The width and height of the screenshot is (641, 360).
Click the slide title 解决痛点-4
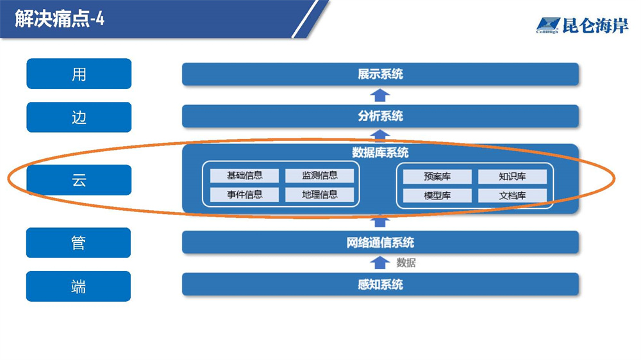60,19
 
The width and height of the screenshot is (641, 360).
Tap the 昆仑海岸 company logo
582,26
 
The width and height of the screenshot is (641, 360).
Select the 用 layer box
79,74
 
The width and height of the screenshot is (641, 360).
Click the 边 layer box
79,117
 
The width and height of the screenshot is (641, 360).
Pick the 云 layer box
79,180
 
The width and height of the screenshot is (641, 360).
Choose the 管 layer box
79,243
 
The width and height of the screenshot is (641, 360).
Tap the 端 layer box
79,286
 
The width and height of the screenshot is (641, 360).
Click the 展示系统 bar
380,74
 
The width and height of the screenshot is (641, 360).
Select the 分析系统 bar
380,117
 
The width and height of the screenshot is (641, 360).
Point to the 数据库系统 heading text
380,153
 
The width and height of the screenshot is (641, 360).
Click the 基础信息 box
245,176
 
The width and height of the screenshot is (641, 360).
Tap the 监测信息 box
319,176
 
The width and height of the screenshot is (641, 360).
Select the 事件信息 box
245,195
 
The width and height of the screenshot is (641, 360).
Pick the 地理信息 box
319,195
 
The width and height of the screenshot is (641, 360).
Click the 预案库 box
437,177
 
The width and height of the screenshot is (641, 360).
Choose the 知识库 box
512,177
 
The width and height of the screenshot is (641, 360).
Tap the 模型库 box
437,196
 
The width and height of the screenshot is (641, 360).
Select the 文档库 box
512,196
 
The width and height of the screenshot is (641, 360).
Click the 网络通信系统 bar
380,243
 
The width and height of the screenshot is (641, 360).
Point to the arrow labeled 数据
380,263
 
